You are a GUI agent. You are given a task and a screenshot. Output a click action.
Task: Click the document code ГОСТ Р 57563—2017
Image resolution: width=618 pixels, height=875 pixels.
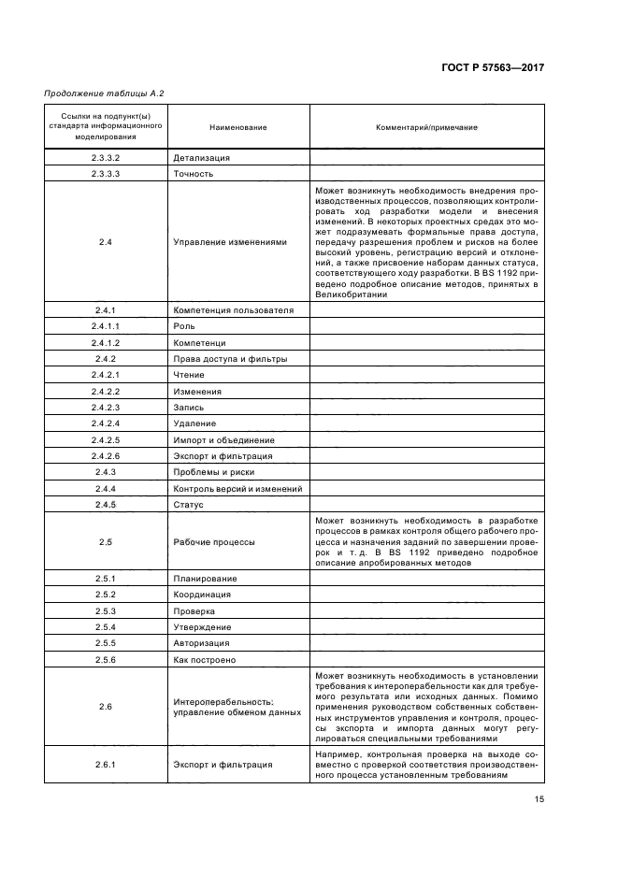494,68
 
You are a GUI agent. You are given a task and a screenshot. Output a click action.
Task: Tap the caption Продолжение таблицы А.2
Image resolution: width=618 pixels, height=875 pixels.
97,93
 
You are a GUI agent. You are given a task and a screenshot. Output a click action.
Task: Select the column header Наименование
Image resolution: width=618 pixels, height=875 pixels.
237,127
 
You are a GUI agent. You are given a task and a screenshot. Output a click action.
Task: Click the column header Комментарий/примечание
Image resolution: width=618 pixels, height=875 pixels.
426,127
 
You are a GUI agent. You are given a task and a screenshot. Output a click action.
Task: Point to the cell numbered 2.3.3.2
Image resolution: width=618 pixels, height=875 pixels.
106,158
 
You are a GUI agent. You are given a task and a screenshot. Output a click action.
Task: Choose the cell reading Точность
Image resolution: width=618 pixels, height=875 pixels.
194,174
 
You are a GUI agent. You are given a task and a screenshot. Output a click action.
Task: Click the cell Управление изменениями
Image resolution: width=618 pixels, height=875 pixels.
230,242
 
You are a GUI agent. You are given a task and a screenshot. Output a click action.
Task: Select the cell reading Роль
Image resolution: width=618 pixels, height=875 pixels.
184,326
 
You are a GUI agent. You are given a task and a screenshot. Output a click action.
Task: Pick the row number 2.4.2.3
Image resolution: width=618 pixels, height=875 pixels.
106,408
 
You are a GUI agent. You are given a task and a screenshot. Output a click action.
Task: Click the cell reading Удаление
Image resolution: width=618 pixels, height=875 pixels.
194,423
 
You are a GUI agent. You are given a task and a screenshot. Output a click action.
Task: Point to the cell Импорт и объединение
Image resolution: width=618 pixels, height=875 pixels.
223,440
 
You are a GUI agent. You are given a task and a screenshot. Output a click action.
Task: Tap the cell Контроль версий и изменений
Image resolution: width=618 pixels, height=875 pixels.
237,489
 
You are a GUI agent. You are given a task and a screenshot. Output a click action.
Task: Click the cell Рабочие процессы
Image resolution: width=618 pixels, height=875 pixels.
214,542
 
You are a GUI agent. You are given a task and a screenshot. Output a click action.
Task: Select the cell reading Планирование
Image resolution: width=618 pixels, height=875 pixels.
205,579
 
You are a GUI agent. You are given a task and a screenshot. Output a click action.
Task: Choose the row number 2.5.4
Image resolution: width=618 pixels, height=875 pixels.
106,627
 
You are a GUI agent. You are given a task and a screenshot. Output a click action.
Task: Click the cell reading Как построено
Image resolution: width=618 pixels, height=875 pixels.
204,660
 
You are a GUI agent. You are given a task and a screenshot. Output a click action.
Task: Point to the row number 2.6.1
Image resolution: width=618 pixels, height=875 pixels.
106,765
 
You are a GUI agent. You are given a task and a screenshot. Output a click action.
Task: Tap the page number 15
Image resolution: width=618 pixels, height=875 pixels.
539,798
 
